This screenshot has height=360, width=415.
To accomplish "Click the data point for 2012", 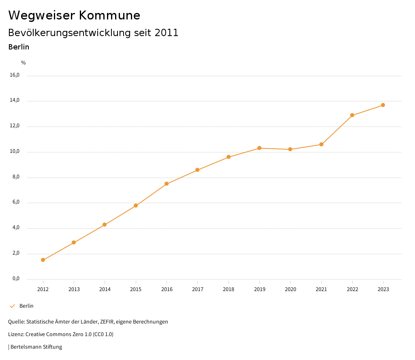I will click(x=43, y=260).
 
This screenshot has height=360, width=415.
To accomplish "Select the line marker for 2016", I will click(x=167, y=184).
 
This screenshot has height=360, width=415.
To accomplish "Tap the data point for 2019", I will click(x=259, y=148).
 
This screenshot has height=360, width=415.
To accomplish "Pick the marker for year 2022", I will click(x=352, y=115).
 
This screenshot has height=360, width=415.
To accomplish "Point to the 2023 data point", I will click(x=383, y=105).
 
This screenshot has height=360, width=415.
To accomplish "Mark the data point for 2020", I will click(x=290, y=149).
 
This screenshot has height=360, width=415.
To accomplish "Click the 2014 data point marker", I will click(x=105, y=225).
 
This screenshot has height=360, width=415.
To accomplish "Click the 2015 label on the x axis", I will click(x=136, y=289).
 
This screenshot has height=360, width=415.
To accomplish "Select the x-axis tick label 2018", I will click(x=229, y=289).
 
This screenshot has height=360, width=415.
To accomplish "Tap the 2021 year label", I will click(x=321, y=289).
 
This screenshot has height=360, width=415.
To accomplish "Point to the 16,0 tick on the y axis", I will click(x=15, y=75).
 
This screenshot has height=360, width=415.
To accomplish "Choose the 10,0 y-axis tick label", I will click(x=15, y=152).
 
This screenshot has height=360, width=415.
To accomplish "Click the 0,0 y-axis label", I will click(x=16, y=279).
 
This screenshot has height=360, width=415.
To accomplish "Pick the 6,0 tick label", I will click(x=16, y=202).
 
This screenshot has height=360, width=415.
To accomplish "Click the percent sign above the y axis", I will click(x=24, y=63).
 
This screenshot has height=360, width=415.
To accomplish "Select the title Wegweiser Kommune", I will click(x=74, y=15).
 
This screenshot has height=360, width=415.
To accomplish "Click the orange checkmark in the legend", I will click(x=12, y=306).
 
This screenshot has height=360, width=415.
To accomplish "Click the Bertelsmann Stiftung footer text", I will click(x=36, y=347).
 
